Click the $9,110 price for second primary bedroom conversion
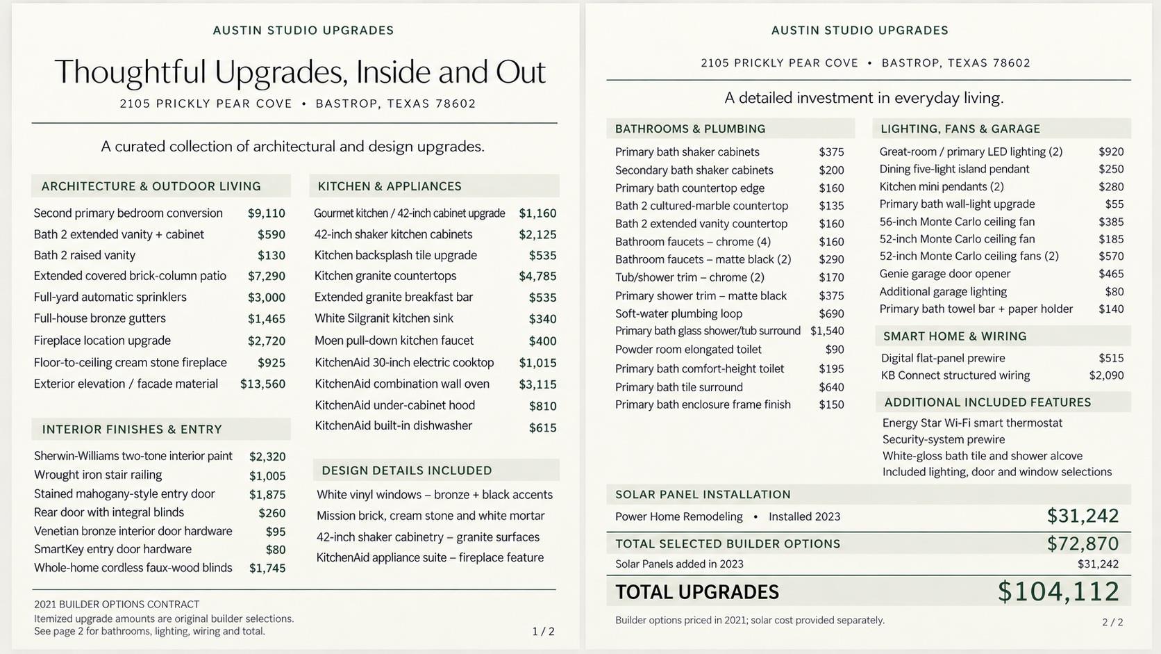267,213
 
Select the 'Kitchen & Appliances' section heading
390,186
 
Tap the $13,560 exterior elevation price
262,384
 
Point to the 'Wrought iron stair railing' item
98,475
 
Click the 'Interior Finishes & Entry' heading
132,430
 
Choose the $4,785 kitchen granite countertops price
537,276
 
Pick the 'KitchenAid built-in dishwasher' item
394,426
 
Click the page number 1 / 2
543,631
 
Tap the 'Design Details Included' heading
407,471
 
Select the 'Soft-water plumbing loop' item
678,313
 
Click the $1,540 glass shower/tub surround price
827,331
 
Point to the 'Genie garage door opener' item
945,274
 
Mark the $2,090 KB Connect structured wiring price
1107,375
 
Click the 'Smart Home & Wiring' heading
955,336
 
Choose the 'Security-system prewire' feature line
944,440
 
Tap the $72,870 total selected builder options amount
1083,543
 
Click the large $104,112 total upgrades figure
1058,591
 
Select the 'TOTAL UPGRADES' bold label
697,592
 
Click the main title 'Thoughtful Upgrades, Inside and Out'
300,72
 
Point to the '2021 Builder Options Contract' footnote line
117,604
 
